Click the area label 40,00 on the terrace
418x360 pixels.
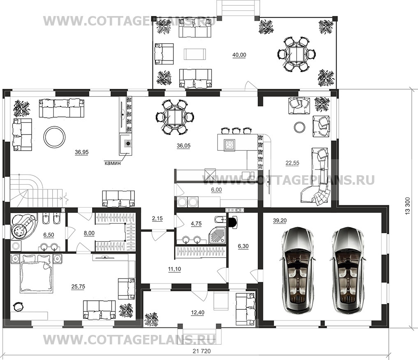point(239,55)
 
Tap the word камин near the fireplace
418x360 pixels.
point(112,163)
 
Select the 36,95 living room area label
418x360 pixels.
point(81,152)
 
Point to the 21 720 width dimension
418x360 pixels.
point(201,351)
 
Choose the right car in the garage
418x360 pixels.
point(347,270)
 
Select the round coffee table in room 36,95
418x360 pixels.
point(54,136)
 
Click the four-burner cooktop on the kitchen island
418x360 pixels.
point(229,144)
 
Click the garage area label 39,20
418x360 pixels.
point(279,221)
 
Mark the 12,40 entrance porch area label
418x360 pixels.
point(198,313)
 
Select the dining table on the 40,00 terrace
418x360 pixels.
point(296,54)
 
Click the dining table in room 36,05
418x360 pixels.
point(175,117)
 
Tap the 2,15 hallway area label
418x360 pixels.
point(157,218)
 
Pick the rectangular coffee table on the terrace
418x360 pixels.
point(194,54)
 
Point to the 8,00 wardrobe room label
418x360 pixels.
point(89,233)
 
